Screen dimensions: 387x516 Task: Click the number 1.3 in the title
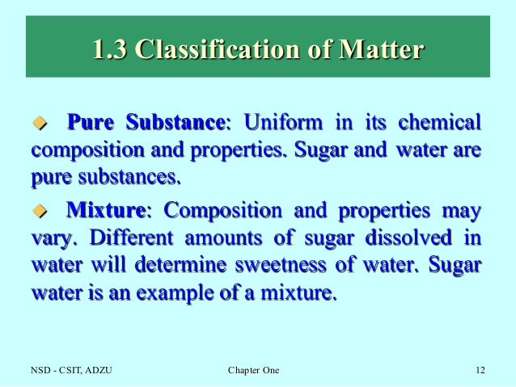click(109, 51)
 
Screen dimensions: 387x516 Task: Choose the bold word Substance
click(176, 124)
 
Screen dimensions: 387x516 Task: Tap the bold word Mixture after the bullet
click(105, 212)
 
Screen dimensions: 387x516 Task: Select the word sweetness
click(305, 267)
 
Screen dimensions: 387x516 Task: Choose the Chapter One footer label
click(253, 371)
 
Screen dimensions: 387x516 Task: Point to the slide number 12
click(480, 371)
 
